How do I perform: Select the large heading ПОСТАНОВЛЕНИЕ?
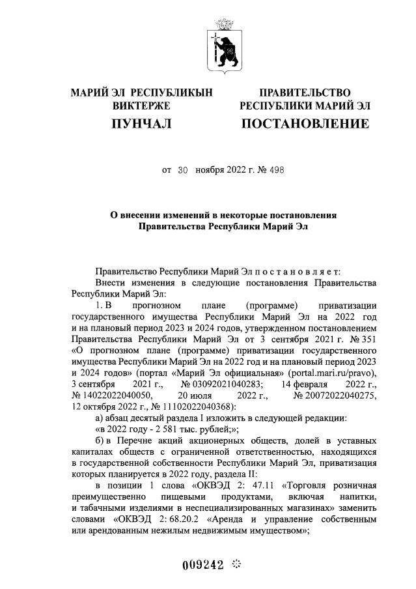pyautogui.click(x=305, y=123)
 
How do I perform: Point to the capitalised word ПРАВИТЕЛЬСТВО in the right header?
pyautogui.click(x=305, y=93)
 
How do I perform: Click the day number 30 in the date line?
pyautogui.click(x=182, y=170)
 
